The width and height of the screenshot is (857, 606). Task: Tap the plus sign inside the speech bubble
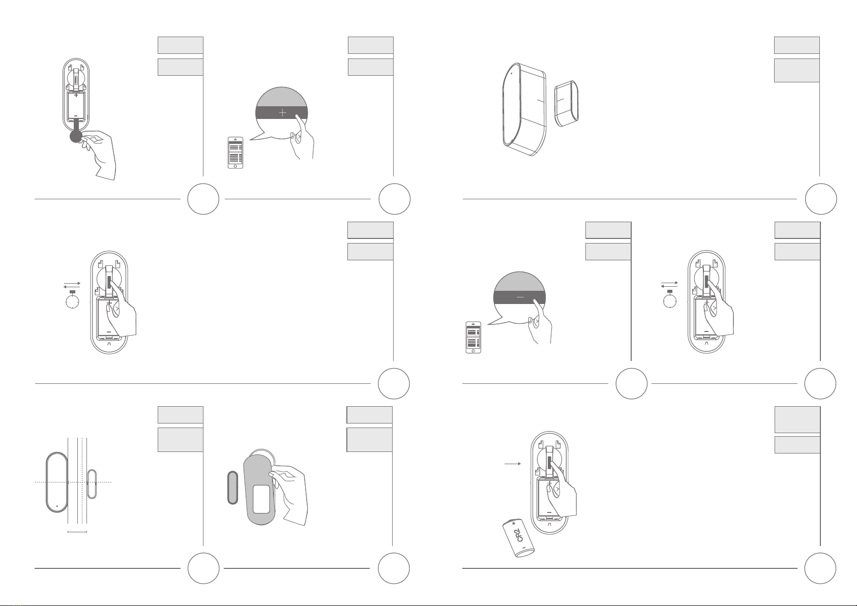[x=282, y=113]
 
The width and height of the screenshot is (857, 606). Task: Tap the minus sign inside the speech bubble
[x=520, y=297]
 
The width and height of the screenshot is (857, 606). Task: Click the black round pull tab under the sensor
[x=76, y=136]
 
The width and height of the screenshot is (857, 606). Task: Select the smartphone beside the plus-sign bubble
[x=235, y=153]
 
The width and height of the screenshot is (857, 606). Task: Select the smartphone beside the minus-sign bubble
[x=474, y=337]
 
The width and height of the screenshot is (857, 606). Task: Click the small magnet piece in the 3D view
[x=567, y=104]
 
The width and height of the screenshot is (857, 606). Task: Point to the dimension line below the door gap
[x=77, y=531]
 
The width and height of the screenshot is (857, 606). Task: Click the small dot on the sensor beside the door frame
[x=57, y=506]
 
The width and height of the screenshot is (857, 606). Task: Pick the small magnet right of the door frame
[x=92, y=484]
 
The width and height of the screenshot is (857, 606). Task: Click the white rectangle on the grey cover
[x=261, y=499]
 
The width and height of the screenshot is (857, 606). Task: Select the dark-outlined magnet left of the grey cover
[x=232, y=488]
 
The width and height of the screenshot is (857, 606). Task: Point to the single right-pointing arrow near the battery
[x=513, y=464]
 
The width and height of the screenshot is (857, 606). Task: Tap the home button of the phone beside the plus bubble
[x=235, y=166]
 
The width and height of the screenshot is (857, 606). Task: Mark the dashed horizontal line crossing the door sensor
[x=73, y=482]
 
